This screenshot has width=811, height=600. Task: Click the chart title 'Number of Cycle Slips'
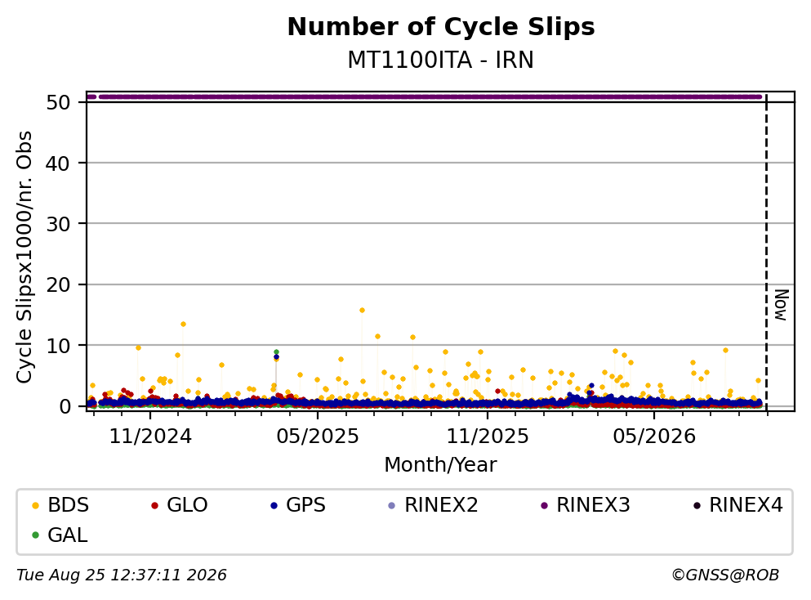pos(441,27)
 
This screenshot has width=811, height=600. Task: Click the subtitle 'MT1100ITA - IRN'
pos(441,60)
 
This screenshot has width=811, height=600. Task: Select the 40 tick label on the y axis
pos(58,163)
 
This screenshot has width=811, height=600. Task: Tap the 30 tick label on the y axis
pos(58,224)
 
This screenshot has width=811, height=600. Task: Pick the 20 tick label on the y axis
pos(58,284)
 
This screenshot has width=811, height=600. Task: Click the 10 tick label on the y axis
pos(58,346)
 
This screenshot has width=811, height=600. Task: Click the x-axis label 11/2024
pos(150,437)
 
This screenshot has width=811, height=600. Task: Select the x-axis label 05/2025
pos(318,437)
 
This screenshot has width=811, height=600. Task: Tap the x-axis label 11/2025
pos(488,437)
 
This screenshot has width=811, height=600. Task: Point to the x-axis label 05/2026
pos(654,437)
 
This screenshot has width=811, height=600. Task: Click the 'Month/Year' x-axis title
pos(441,465)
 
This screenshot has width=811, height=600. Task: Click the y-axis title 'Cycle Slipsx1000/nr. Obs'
pos(24,257)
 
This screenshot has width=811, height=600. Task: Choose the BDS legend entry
pos(60,504)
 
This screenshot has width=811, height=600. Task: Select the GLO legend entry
pos(180,504)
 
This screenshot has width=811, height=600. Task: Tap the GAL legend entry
pos(60,535)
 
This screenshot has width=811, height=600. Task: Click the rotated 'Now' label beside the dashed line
pos(781,305)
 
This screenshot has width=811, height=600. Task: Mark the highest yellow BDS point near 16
pos(362,311)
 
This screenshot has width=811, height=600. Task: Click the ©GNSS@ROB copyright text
pos(725,575)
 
